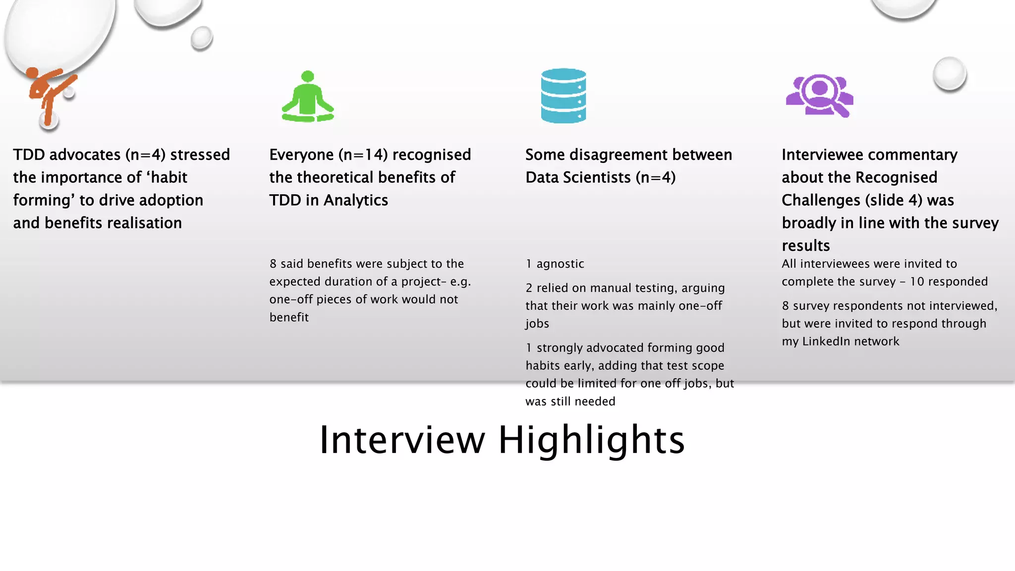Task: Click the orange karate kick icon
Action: (x=50, y=94)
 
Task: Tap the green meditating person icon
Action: (x=308, y=98)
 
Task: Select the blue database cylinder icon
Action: (x=564, y=96)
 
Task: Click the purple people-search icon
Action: (x=819, y=96)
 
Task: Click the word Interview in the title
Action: (x=402, y=440)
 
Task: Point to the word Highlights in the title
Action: (x=591, y=440)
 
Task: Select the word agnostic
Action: (x=560, y=264)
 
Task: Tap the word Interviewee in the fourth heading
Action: (x=825, y=155)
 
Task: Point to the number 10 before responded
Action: (x=917, y=282)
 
